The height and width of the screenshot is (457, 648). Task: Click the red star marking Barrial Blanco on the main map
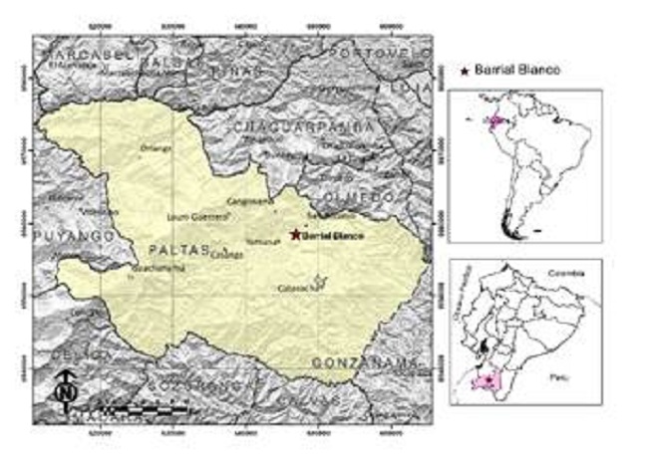coord(295,235)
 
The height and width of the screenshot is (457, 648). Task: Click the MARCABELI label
coord(73,52)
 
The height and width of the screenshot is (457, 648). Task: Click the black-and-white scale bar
coord(140,408)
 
